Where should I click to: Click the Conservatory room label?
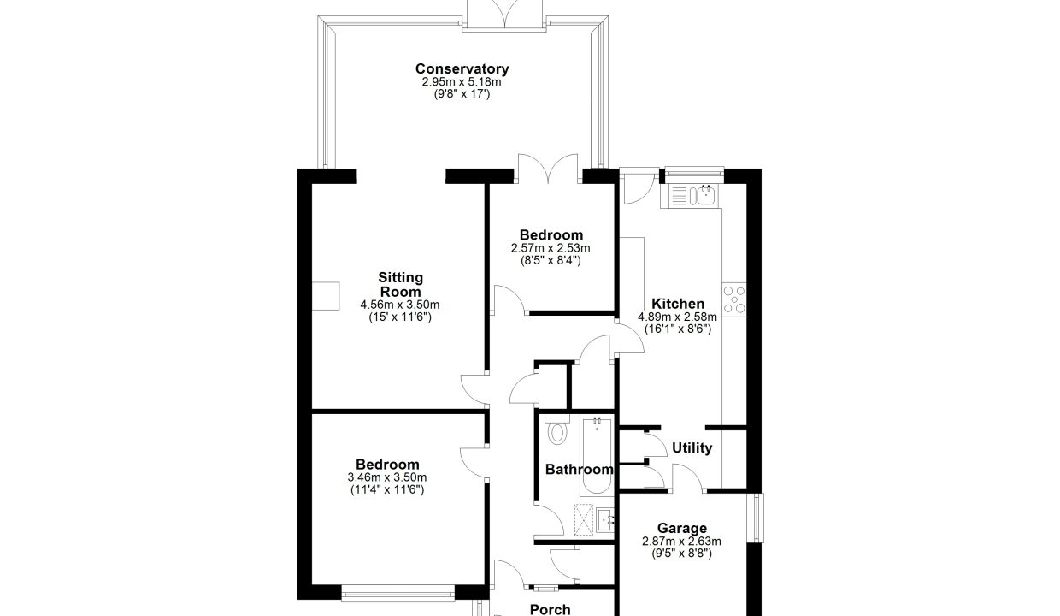462,69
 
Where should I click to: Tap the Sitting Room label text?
400,285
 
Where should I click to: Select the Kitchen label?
678,304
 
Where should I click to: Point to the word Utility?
692,448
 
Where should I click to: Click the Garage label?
682,529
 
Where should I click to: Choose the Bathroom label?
580,470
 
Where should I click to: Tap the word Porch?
550,610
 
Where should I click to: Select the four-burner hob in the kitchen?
734,299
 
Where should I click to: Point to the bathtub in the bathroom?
597,455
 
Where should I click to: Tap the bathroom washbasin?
604,521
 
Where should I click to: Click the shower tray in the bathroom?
584,520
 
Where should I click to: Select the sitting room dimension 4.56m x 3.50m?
400,305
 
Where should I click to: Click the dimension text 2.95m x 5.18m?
462,82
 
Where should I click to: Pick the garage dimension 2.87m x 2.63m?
681,542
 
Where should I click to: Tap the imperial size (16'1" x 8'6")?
678,329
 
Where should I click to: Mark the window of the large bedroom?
397,593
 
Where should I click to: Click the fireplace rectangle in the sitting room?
326,296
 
